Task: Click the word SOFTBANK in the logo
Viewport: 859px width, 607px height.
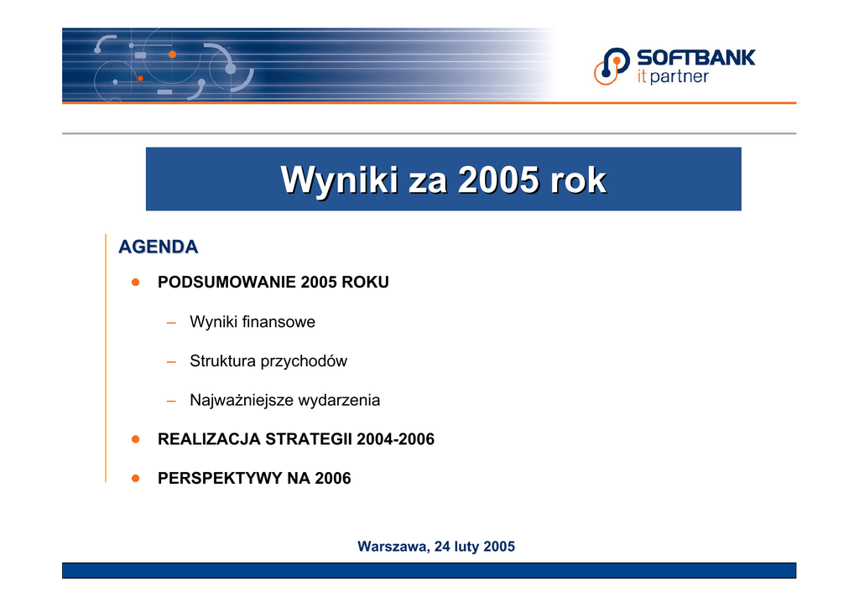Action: pos(695,58)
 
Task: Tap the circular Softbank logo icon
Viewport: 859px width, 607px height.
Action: pos(612,66)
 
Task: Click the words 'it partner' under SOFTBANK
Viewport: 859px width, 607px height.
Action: pos(673,76)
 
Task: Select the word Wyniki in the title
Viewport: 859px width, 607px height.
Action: pos(340,179)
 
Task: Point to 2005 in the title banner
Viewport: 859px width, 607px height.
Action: pos(498,179)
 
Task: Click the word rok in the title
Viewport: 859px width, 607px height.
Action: pos(579,179)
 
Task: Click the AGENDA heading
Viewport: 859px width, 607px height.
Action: pos(159,246)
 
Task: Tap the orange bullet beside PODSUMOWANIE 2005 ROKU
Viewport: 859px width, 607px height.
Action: pos(135,283)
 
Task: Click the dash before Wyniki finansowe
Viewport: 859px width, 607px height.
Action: pos(171,323)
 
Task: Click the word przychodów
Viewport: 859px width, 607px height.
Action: pos(304,361)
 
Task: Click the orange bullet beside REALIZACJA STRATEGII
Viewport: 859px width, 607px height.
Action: pos(135,439)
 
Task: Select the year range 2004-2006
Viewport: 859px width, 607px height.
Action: pos(396,439)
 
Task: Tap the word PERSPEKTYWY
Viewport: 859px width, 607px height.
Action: pos(220,479)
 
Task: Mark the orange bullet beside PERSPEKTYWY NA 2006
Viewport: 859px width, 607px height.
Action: pos(135,479)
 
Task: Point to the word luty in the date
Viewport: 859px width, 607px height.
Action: pos(466,547)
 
